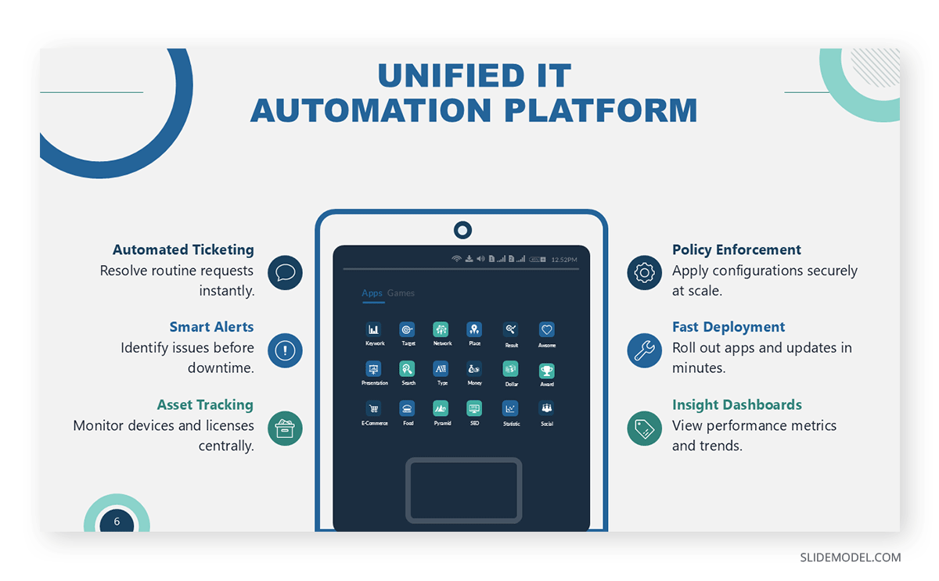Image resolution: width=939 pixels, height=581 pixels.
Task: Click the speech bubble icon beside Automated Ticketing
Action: [x=285, y=273]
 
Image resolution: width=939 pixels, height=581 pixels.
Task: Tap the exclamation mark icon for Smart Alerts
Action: [x=285, y=350]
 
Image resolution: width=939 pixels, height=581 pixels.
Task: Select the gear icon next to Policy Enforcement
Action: [x=644, y=273]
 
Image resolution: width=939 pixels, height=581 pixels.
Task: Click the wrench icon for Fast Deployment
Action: [x=644, y=350]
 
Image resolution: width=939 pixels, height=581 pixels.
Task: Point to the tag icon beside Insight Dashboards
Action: [x=644, y=428]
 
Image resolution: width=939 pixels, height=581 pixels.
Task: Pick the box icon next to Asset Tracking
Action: [x=285, y=428]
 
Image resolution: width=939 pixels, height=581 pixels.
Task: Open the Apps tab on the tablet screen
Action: [x=372, y=293]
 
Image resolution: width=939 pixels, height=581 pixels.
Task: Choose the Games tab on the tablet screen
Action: [x=401, y=293]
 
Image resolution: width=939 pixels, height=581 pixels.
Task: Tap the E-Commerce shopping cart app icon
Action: [x=373, y=408]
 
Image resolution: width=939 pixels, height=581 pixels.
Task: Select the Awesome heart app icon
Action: [x=546, y=330]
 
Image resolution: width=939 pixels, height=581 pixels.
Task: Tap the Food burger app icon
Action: [x=408, y=408]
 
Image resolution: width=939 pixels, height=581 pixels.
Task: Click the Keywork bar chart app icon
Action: [x=373, y=330]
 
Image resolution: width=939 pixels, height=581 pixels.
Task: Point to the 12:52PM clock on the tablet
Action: [x=564, y=260]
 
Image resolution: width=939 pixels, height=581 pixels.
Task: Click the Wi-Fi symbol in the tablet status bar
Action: [x=456, y=259]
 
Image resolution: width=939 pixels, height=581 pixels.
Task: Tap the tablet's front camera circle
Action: [x=462, y=230]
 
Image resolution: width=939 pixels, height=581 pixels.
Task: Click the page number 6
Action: [x=117, y=522]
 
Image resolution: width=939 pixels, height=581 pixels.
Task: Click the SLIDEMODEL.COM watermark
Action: [x=850, y=558]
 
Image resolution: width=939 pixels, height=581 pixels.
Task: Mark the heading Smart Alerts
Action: [x=211, y=327]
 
